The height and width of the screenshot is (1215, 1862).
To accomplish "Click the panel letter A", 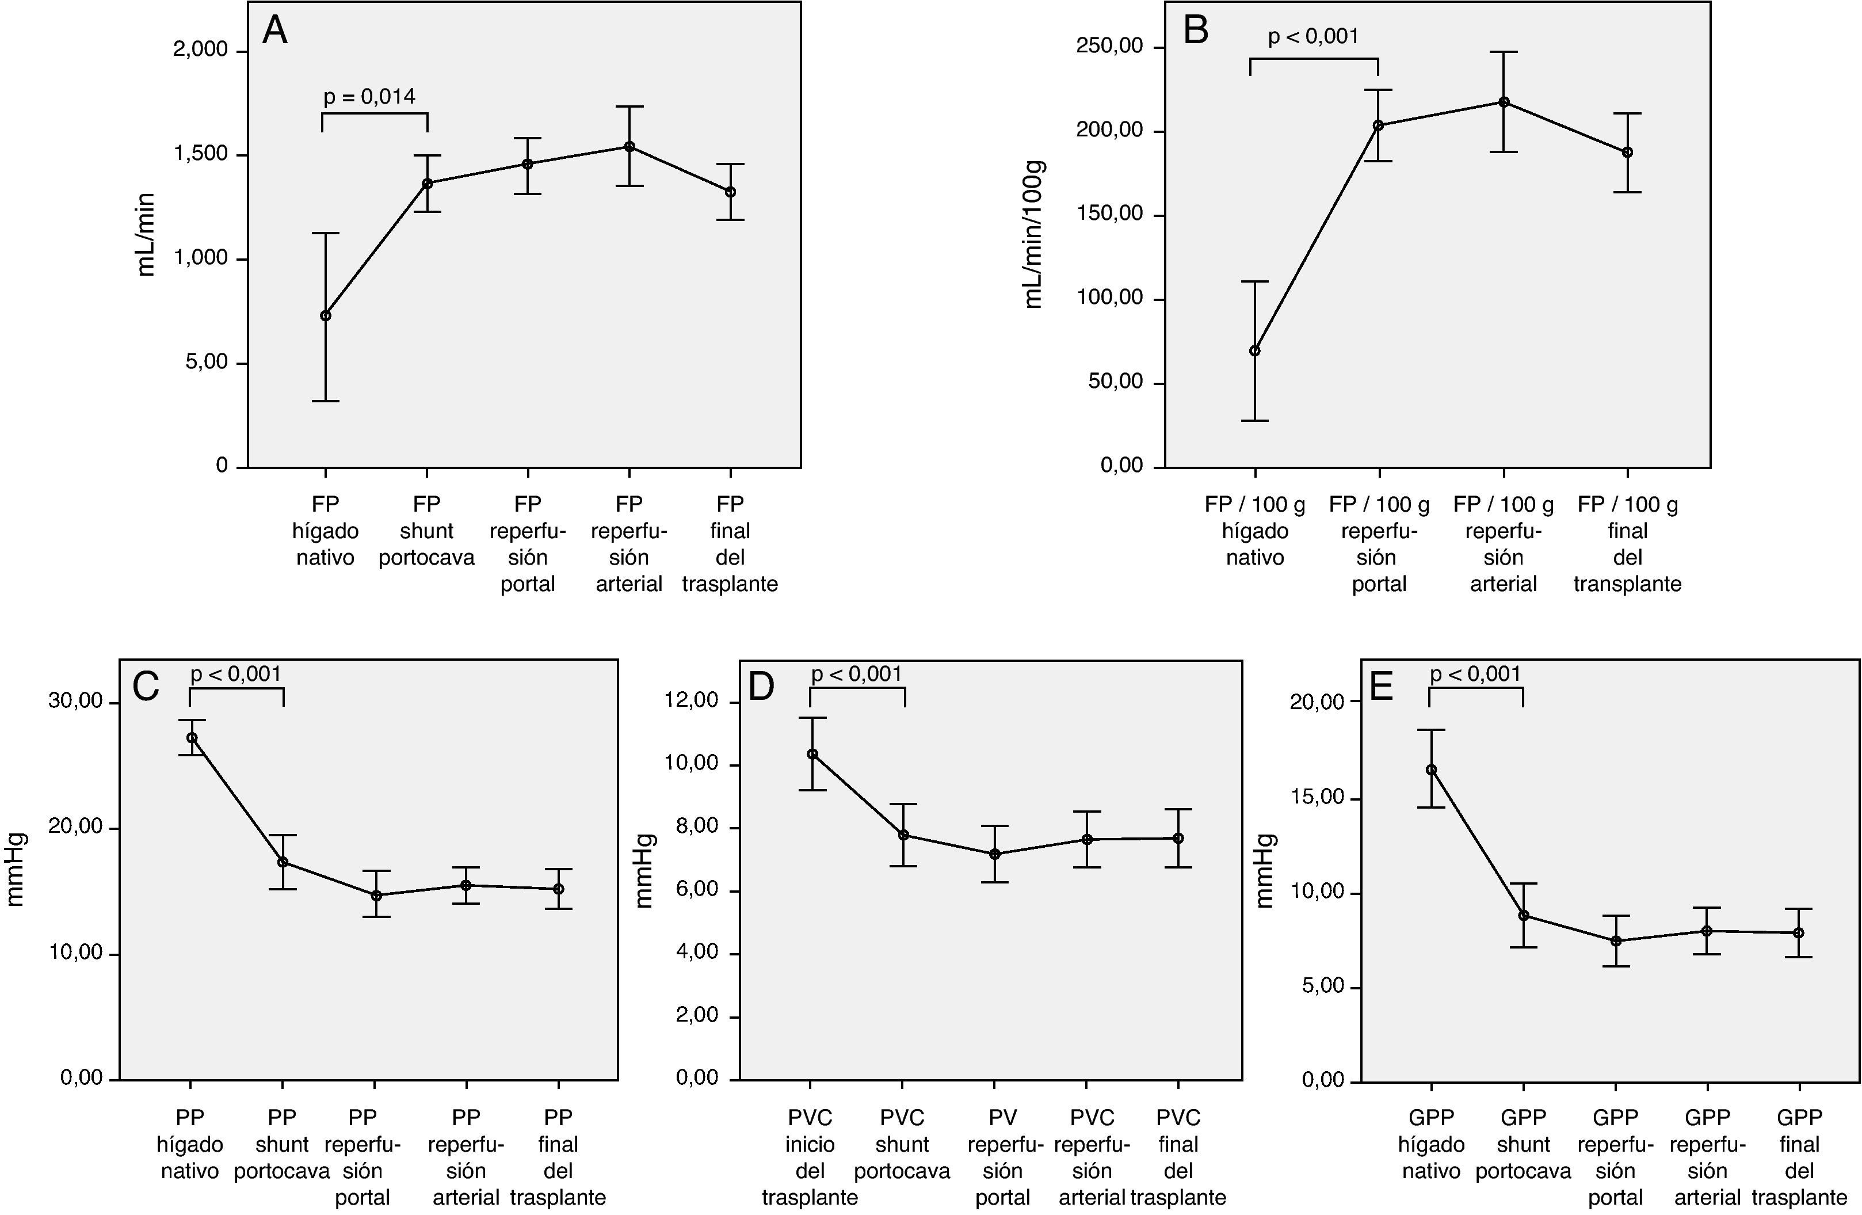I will coord(274,31).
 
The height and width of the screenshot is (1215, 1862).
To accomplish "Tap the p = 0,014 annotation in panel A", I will coord(369,97).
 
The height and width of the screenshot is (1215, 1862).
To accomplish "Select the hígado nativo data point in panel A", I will coord(326,316).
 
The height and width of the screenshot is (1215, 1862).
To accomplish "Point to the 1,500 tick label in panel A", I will coord(200,154).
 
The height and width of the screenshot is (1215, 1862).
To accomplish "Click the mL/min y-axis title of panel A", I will coord(146,235).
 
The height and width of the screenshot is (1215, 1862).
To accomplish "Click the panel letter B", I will coord(1196,31).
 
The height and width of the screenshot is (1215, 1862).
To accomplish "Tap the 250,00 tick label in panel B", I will coord(1109,46).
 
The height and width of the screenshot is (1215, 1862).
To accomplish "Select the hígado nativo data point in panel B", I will coord(1255,351).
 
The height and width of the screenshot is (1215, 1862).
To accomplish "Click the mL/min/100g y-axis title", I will coord(1033,235).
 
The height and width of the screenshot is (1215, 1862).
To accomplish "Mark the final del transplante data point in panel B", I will coord(1627,153).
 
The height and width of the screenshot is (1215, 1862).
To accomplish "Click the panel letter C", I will coord(146,687).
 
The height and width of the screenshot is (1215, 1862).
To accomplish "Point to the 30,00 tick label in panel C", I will coord(76,701).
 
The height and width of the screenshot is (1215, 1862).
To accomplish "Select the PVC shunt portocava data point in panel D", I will coord(903,835).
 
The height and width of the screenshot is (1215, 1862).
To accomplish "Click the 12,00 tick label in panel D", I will coord(692,701).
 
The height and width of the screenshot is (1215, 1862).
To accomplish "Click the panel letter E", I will coord(1382,687).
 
